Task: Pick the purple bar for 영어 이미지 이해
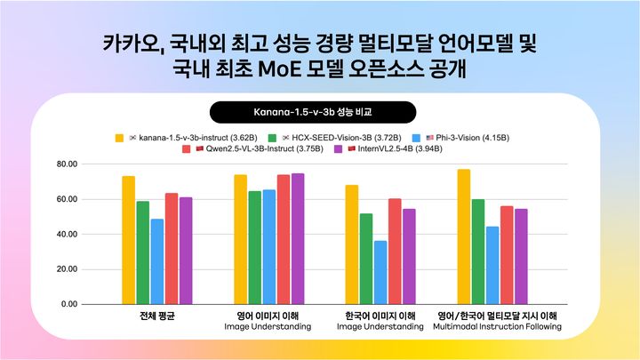(x=297, y=238)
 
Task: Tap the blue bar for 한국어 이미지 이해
(x=380, y=272)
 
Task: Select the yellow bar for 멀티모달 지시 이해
(x=463, y=236)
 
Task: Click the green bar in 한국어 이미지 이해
(x=366, y=259)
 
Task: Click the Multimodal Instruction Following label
(x=497, y=327)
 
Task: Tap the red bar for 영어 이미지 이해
(x=283, y=239)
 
